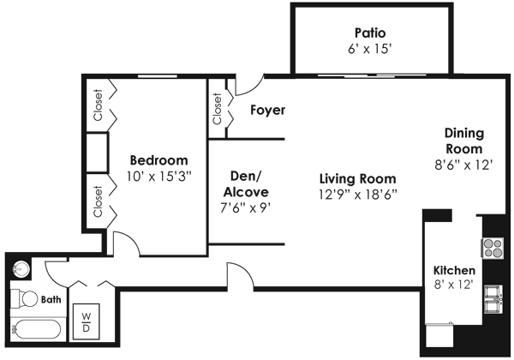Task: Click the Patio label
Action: (372, 34)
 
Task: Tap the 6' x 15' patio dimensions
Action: (372, 50)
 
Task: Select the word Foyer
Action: (267, 111)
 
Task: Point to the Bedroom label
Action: (158, 160)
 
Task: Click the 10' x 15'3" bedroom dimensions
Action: (158, 176)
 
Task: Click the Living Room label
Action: (357, 179)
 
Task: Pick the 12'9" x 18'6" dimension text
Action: (357, 195)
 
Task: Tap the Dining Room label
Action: (464, 141)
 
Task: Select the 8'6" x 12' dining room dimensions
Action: (464, 165)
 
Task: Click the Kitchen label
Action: (454, 271)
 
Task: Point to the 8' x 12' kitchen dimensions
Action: (454, 285)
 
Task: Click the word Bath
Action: (52, 300)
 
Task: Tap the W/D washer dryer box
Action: (87, 323)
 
